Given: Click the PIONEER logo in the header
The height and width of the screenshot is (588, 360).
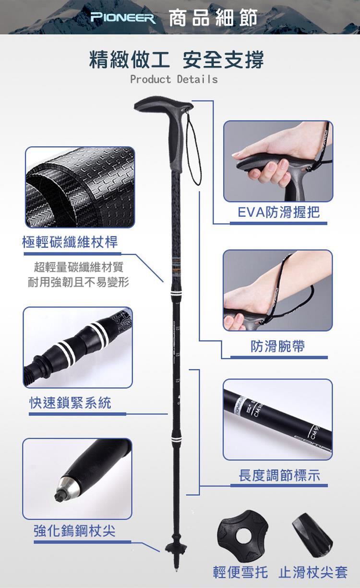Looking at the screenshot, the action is [123, 18].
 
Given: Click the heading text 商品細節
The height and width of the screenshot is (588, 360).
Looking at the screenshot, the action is [213, 18].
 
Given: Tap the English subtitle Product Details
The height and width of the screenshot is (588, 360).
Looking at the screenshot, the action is [174, 79].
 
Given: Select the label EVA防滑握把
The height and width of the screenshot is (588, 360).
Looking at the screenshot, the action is [279, 212].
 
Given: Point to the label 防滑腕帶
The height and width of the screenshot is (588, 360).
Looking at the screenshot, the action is [278, 346].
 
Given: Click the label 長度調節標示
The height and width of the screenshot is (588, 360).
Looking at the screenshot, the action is [279, 475].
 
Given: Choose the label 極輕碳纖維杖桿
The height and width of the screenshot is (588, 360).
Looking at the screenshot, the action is [70, 242].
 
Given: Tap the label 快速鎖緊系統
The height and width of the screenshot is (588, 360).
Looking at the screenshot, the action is [70, 403].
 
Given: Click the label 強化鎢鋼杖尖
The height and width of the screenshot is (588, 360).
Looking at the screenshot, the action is [74, 531].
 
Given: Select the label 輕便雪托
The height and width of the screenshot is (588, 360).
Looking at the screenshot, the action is [240, 572].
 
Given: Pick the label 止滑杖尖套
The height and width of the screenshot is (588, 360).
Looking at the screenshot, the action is [313, 572].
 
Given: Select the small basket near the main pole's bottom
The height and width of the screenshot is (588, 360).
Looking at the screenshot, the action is [176, 548].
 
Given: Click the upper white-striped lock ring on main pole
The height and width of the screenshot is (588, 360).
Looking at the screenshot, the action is [176, 293].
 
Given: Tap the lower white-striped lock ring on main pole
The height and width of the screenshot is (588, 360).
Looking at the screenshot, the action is [176, 439].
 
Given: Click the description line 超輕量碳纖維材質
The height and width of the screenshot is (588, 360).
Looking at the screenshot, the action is [78, 267].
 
